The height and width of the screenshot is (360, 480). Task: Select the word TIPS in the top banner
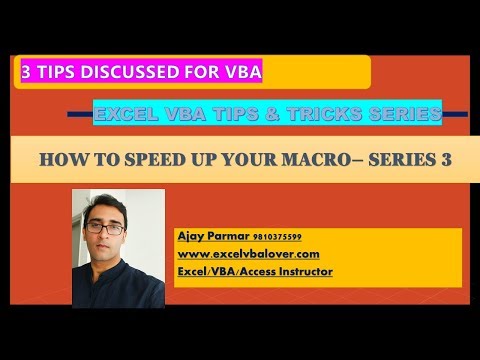click(x=58, y=72)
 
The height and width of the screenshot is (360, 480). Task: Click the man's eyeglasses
click(x=112, y=228)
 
